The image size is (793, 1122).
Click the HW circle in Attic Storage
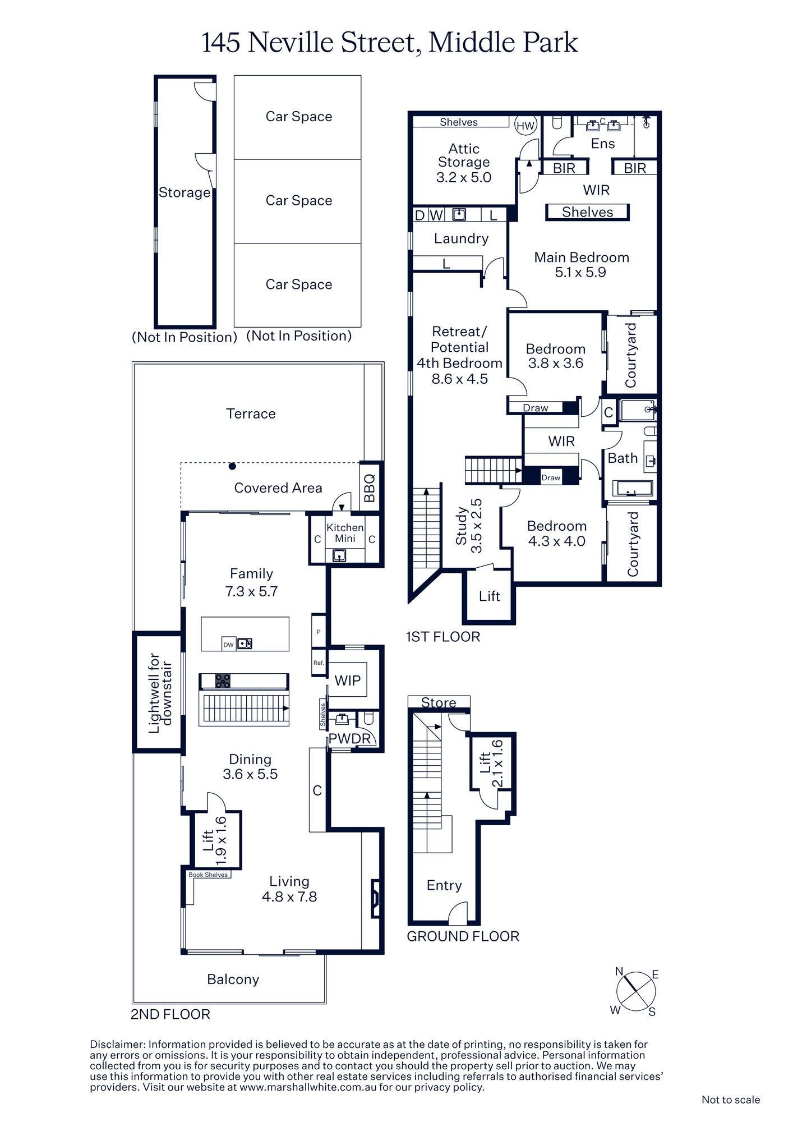click(x=525, y=126)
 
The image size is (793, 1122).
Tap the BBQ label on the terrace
click(x=370, y=487)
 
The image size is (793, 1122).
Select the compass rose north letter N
click(x=620, y=972)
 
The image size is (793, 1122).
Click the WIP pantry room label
click(x=347, y=680)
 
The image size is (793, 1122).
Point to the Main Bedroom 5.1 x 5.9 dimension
click(x=580, y=273)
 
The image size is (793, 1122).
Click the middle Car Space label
click(x=298, y=200)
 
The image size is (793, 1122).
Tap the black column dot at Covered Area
click(x=232, y=466)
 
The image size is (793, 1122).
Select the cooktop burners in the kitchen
click(x=223, y=680)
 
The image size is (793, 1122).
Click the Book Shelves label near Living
click(x=208, y=875)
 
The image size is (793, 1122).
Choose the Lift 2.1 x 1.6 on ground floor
click(x=492, y=764)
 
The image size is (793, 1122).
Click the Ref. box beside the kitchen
click(x=319, y=663)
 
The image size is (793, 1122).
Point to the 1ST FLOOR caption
click(x=443, y=637)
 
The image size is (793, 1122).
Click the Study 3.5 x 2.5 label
click(x=469, y=526)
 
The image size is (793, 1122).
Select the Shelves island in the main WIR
click(x=587, y=212)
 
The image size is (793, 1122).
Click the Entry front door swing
click(x=457, y=913)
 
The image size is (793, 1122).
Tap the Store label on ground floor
click(x=439, y=702)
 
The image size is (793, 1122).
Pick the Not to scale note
click(x=730, y=1100)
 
